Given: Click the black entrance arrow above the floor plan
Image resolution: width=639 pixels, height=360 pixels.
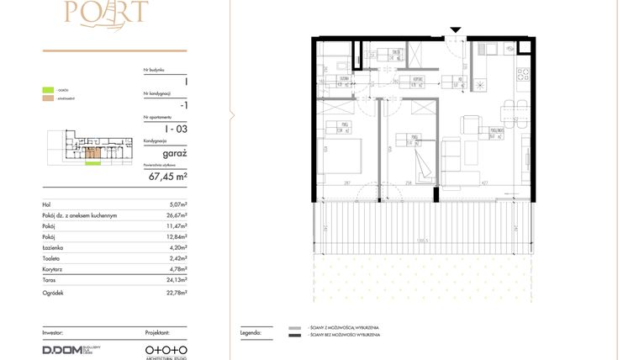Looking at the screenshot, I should pos(455,30).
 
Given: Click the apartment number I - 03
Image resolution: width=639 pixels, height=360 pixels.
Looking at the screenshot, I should pos(176,128).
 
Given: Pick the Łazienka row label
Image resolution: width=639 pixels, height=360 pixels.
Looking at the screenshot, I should pos(55,248).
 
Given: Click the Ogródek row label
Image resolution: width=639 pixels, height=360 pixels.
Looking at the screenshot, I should pos(55,293).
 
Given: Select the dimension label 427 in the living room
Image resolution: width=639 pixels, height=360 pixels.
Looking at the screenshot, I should pos(483,182).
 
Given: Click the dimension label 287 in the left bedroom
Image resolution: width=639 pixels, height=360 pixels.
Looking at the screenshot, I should pos(346,182).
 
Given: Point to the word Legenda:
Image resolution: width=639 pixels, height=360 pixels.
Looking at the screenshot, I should pos(251,333).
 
